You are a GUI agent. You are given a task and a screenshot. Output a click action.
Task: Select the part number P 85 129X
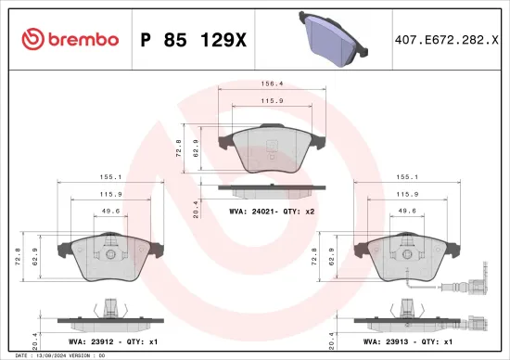tap(193, 39)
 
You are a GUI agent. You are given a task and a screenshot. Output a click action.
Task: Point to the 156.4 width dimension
tap(271, 84)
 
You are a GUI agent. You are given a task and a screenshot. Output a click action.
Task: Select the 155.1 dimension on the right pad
tap(405, 174)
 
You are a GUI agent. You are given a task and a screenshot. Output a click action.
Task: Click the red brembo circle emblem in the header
tap(32, 39)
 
